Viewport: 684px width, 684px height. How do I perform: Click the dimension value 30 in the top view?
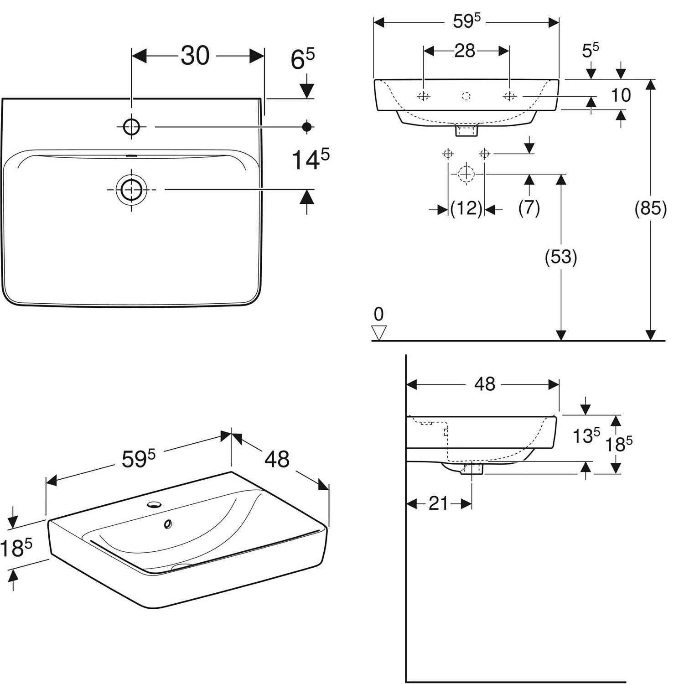tap(195, 56)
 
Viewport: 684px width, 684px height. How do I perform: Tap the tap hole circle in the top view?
tap(131, 127)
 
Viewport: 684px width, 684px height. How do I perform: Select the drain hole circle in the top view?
tap(131, 189)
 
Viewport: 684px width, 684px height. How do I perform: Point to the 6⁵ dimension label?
tap(303, 59)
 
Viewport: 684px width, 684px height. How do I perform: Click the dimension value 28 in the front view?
tap(465, 51)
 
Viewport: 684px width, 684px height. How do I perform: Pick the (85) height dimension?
tap(651, 208)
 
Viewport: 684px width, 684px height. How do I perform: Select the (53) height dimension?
tap(561, 257)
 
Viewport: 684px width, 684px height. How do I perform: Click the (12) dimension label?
tap(466, 209)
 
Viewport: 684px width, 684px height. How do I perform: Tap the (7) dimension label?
tap(529, 208)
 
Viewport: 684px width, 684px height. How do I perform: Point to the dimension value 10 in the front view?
tap(621, 95)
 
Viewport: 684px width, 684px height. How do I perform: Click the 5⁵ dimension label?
tap(591, 50)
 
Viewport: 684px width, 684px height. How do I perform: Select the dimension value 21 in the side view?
tap(438, 503)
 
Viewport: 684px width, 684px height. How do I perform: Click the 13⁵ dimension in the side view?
tap(586, 435)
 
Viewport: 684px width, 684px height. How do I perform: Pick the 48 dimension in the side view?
tap(484, 384)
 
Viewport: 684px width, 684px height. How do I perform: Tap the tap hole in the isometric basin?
tap(155, 505)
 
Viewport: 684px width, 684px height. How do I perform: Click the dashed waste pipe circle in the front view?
tap(466, 174)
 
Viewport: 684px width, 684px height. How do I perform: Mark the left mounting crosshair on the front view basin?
tap(424, 96)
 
